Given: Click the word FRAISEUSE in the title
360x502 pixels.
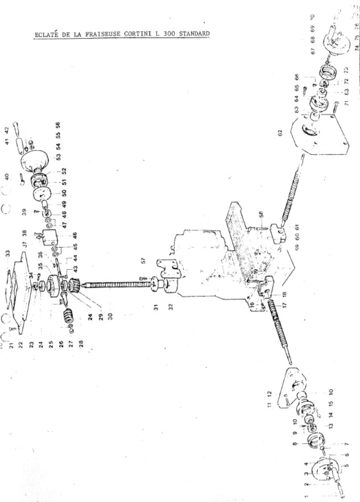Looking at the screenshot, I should (101, 34).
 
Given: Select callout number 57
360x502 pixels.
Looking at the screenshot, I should (144, 261).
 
